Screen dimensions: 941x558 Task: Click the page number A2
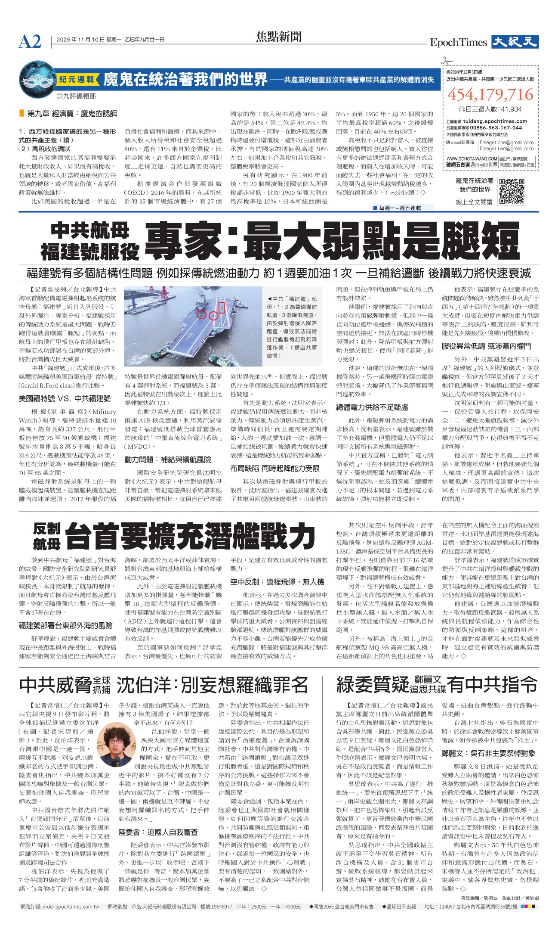[x=30, y=42]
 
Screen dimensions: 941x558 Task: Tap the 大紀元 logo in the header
[x=515, y=42]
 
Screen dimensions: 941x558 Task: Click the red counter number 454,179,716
[x=490, y=94]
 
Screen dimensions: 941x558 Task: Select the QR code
[x=512, y=191]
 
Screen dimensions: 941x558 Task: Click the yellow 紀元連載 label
[x=76, y=80]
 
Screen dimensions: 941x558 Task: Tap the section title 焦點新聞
[x=279, y=37]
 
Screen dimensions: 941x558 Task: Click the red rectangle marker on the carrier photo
[x=222, y=307]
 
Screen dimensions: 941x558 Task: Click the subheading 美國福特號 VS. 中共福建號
[x=65, y=398]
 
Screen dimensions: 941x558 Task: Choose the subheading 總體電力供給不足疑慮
[x=372, y=407]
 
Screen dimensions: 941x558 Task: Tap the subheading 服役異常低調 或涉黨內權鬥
[x=486, y=346]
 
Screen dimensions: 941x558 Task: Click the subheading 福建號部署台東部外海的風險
[x=65, y=625]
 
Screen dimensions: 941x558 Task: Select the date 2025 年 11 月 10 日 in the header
[x=80, y=40]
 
